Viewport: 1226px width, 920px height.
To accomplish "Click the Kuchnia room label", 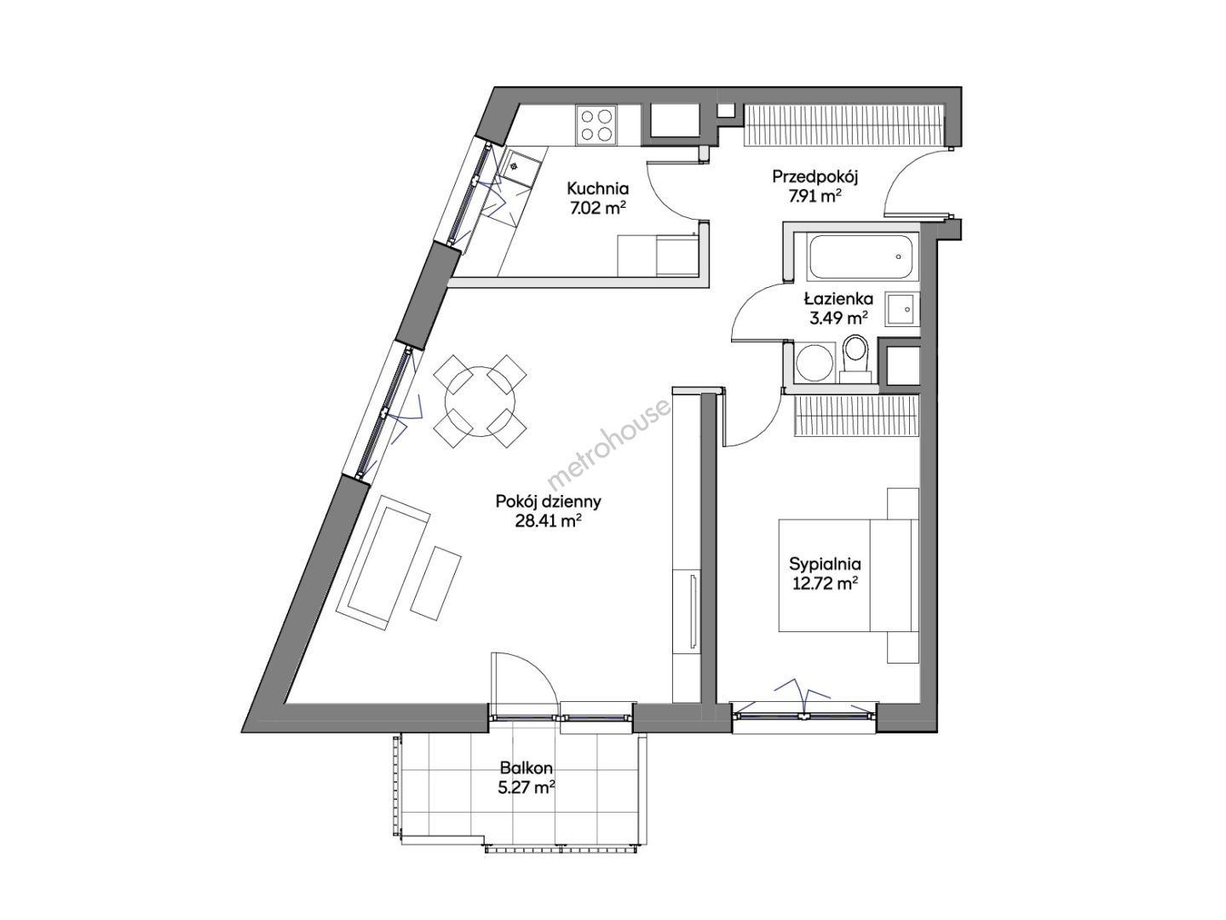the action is (597, 188).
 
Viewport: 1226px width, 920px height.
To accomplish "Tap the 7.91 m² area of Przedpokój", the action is (814, 198).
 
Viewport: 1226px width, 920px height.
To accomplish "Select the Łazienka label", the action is (838, 299).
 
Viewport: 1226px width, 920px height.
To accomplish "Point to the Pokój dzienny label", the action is (548, 502).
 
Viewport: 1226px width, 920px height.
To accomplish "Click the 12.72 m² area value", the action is (825, 584).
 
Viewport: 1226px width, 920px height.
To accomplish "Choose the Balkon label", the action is (527, 768).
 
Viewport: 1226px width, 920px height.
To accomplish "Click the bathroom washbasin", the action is (901, 308).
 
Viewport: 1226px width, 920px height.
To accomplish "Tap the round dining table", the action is (479, 401).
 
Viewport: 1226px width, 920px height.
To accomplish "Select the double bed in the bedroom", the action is (849, 576).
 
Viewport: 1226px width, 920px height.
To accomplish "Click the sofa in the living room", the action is (383, 563).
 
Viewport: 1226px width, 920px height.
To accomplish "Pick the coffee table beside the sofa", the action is (436, 583).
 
